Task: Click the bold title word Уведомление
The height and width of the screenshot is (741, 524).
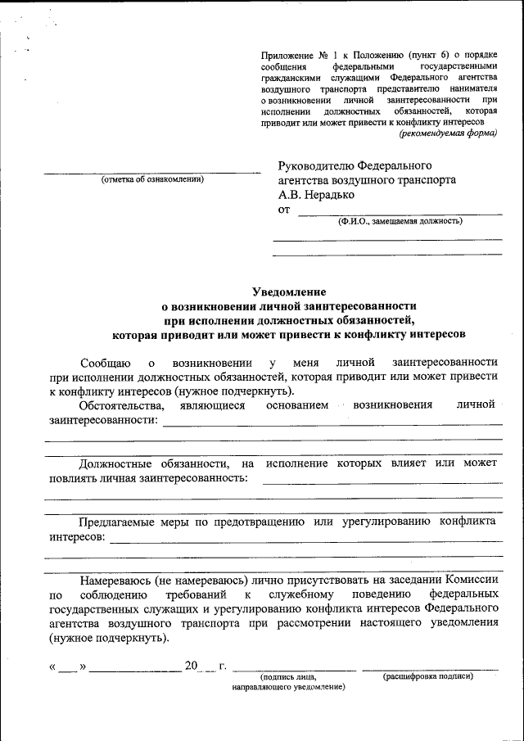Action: click(289, 291)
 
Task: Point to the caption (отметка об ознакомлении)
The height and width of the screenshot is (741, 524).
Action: click(152, 179)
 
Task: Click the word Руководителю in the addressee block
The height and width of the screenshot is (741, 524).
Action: click(314, 165)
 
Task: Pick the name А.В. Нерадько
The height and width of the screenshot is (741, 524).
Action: click(317, 195)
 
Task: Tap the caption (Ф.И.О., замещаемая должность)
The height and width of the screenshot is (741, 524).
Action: click(400, 220)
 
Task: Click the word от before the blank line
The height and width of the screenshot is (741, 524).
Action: click(284, 210)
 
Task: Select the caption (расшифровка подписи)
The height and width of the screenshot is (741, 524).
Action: click(427, 676)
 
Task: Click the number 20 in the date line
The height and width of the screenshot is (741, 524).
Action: click(191, 665)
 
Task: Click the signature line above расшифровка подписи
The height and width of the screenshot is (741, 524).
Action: click(429, 669)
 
